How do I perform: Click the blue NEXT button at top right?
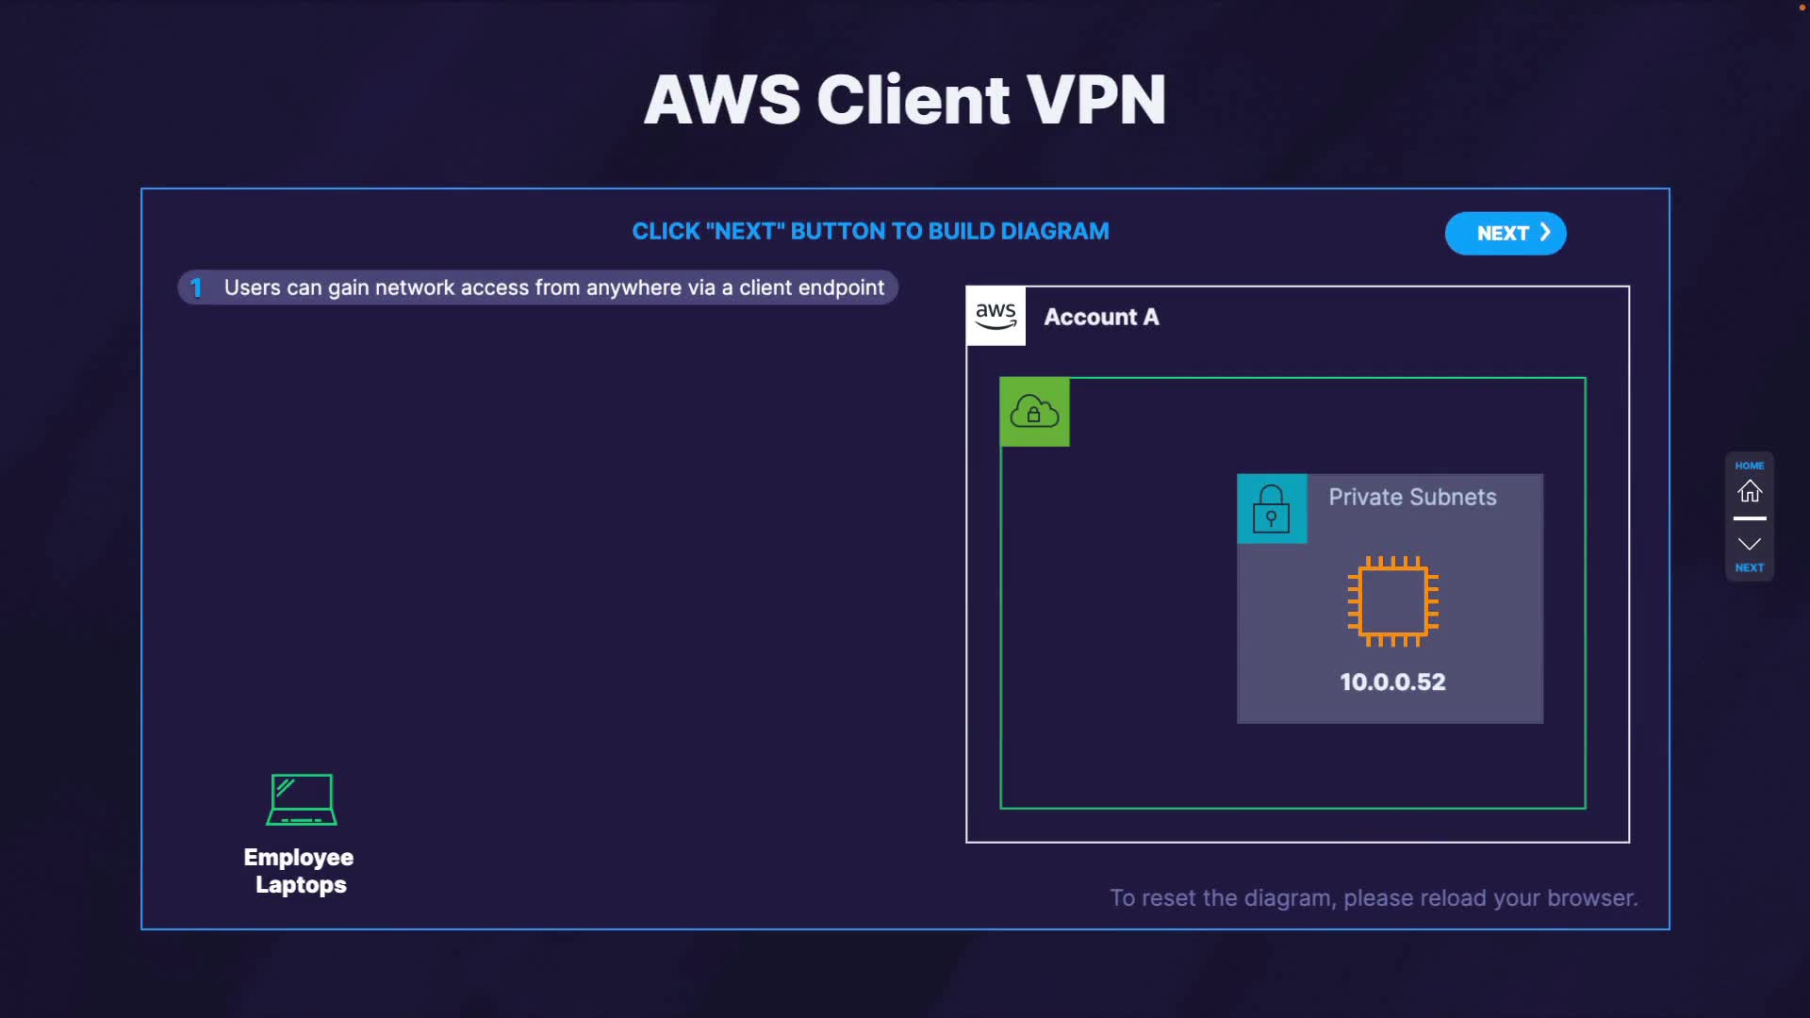[1505, 233]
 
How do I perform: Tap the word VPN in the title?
[1095, 100]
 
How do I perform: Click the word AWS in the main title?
[722, 100]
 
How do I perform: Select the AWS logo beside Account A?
[995, 316]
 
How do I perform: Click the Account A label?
[1101, 317]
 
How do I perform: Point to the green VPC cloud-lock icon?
[1034, 412]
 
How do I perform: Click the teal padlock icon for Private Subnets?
[1271, 509]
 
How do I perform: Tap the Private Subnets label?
[1412, 497]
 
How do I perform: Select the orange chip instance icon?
[1392, 600]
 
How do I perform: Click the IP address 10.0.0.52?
[1392, 681]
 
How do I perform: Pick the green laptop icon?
[302, 799]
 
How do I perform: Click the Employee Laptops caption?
[299, 871]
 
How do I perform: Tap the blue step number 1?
[196, 287]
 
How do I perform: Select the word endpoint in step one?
[840, 287]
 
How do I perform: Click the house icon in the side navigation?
[1750, 491]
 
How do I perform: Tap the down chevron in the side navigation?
[1750, 545]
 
